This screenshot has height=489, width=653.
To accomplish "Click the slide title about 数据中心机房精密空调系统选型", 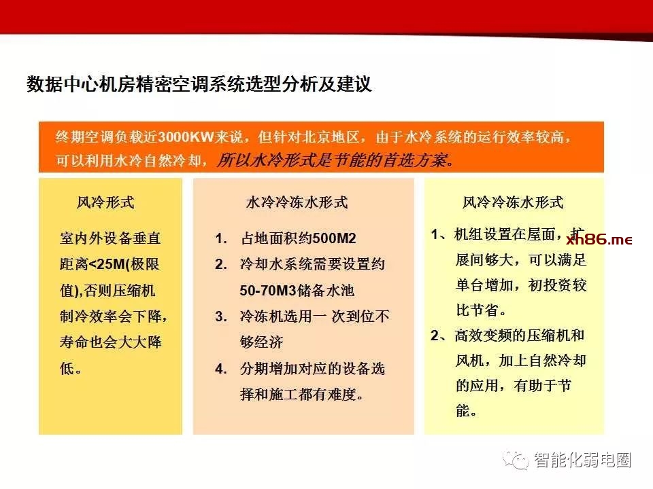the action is point(199,84).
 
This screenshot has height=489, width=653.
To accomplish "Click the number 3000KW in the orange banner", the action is point(186,137).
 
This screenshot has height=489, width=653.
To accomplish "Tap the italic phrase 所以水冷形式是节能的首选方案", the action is point(335,160).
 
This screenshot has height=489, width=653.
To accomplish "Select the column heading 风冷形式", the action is point(105,202).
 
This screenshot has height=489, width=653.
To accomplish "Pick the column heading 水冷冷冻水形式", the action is point(297,202).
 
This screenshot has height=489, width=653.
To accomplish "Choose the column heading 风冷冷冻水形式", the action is point(513,202).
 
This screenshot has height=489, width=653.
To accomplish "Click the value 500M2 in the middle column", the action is point(334,238).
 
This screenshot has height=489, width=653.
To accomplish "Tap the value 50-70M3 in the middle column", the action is point(268,290).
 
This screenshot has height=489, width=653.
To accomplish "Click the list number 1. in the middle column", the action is point(221,238).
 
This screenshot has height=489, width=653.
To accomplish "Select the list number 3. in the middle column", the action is point(221,316).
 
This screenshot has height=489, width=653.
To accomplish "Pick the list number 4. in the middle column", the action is point(221,368).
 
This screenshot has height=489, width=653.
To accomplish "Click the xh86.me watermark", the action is point(599,240).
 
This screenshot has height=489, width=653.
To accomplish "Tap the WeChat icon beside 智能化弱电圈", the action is point(516,460).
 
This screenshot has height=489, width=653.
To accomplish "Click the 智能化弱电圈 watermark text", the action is point(583,460).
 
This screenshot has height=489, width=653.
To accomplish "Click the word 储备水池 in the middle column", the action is point(325,290).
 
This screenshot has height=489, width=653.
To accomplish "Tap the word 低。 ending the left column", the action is point(71,368).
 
